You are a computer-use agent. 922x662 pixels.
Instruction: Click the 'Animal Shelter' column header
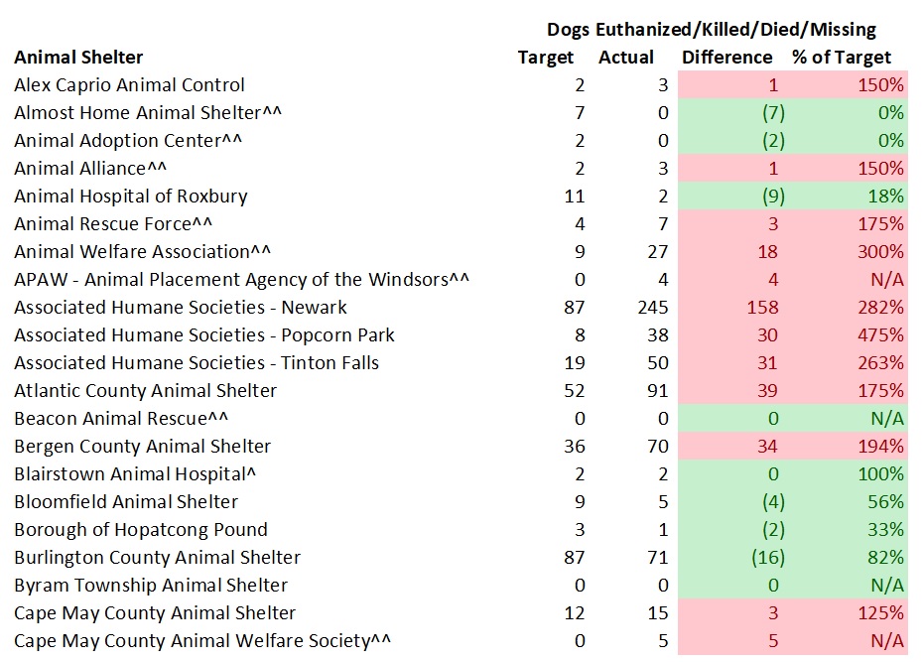click(x=78, y=58)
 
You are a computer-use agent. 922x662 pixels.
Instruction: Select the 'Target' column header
click(x=546, y=58)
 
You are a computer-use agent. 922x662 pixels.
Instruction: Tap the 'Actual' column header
click(x=626, y=58)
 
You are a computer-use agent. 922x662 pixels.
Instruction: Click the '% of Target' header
click(x=842, y=58)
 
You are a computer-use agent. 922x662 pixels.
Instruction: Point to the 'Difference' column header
click(x=726, y=58)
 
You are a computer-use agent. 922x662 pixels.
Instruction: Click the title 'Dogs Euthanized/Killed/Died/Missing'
click(x=712, y=30)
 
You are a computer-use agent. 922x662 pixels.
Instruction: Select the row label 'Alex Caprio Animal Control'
click(x=129, y=85)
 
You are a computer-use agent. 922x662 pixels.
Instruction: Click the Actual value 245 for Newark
click(x=651, y=308)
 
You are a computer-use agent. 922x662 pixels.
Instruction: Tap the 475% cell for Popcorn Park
click(x=881, y=335)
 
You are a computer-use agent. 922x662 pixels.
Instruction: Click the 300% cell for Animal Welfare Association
click(x=881, y=252)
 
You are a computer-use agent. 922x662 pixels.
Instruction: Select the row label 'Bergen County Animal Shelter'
click(x=142, y=447)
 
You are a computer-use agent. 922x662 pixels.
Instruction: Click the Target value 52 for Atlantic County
click(x=574, y=391)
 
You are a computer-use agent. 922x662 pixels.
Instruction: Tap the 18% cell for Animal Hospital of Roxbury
click(x=885, y=197)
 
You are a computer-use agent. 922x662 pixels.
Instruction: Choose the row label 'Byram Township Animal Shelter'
click(x=151, y=586)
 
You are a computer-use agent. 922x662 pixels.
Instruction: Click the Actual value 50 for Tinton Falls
click(x=656, y=363)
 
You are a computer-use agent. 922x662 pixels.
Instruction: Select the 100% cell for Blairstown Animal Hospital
click(x=881, y=474)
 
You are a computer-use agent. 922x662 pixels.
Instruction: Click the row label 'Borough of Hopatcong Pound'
click(x=141, y=530)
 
